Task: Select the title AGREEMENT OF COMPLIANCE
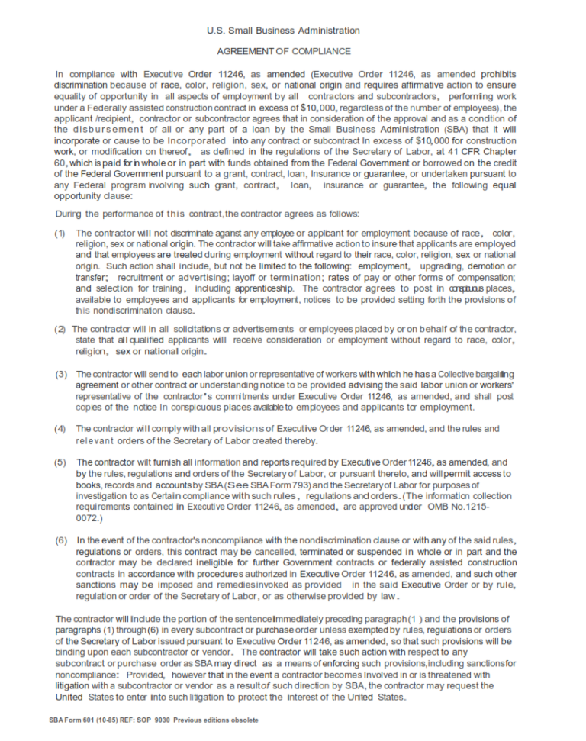[284, 51]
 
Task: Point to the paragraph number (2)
[60, 329]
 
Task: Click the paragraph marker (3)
[60, 375]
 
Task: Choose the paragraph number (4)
[60, 429]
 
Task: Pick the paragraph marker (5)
[60, 462]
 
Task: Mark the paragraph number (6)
[60, 540]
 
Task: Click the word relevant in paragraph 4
[97, 440]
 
